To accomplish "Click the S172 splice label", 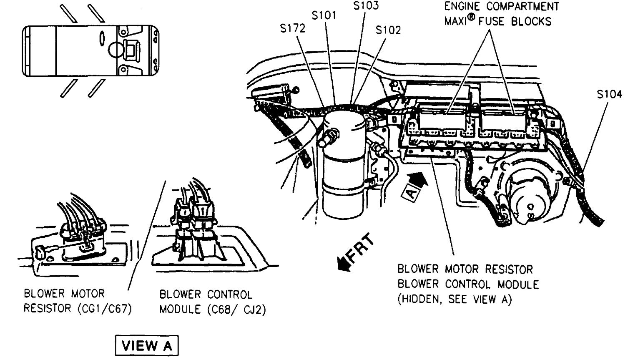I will click(293, 28).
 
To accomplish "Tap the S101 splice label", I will click(324, 15).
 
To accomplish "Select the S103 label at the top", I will click(366, 6).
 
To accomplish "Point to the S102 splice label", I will click(388, 30).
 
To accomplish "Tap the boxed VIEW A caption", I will click(146, 346).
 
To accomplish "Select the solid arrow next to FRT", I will click(344, 264).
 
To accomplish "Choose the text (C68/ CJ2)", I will click(236, 310).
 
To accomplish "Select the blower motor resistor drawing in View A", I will click(79, 238).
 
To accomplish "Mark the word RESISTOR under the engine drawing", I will click(505, 269).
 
